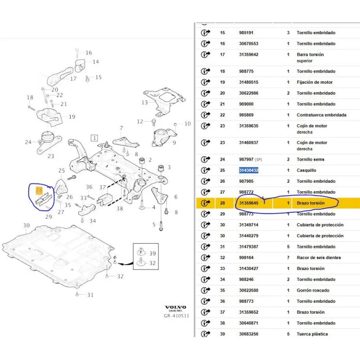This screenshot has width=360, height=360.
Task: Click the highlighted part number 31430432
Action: click(x=249, y=171)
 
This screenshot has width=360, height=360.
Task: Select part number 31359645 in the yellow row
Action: click(x=249, y=203)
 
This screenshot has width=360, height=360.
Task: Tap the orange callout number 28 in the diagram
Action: click(x=39, y=190)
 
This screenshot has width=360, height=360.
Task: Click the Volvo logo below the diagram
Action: click(x=175, y=307)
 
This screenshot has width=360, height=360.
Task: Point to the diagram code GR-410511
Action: click(x=176, y=316)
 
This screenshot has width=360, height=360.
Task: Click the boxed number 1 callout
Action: click(x=94, y=138)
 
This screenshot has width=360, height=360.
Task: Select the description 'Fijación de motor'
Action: click(x=315, y=82)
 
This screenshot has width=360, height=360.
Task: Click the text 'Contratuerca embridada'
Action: click(x=321, y=115)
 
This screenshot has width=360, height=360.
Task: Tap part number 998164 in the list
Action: click(x=246, y=257)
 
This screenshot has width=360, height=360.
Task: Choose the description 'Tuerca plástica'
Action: click(x=312, y=334)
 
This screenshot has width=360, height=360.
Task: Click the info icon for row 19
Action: click(x=206, y=82)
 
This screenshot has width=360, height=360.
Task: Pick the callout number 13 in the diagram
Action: click(x=144, y=103)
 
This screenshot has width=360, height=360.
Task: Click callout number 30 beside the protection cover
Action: click(x=27, y=225)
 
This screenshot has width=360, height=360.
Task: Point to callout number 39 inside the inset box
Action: click(x=153, y=253)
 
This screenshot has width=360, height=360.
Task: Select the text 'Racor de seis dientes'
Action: click(x=319, y=257)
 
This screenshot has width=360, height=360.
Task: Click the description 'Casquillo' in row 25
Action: click(x=306, y=171)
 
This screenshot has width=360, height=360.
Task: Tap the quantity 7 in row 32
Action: click(x=288, y=257)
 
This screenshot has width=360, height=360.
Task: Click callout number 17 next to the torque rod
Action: click(x=73, y=79)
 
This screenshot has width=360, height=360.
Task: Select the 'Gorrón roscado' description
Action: click(x=313, y=290)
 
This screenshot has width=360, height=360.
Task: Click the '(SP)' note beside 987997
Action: click(x=258, y=160)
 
